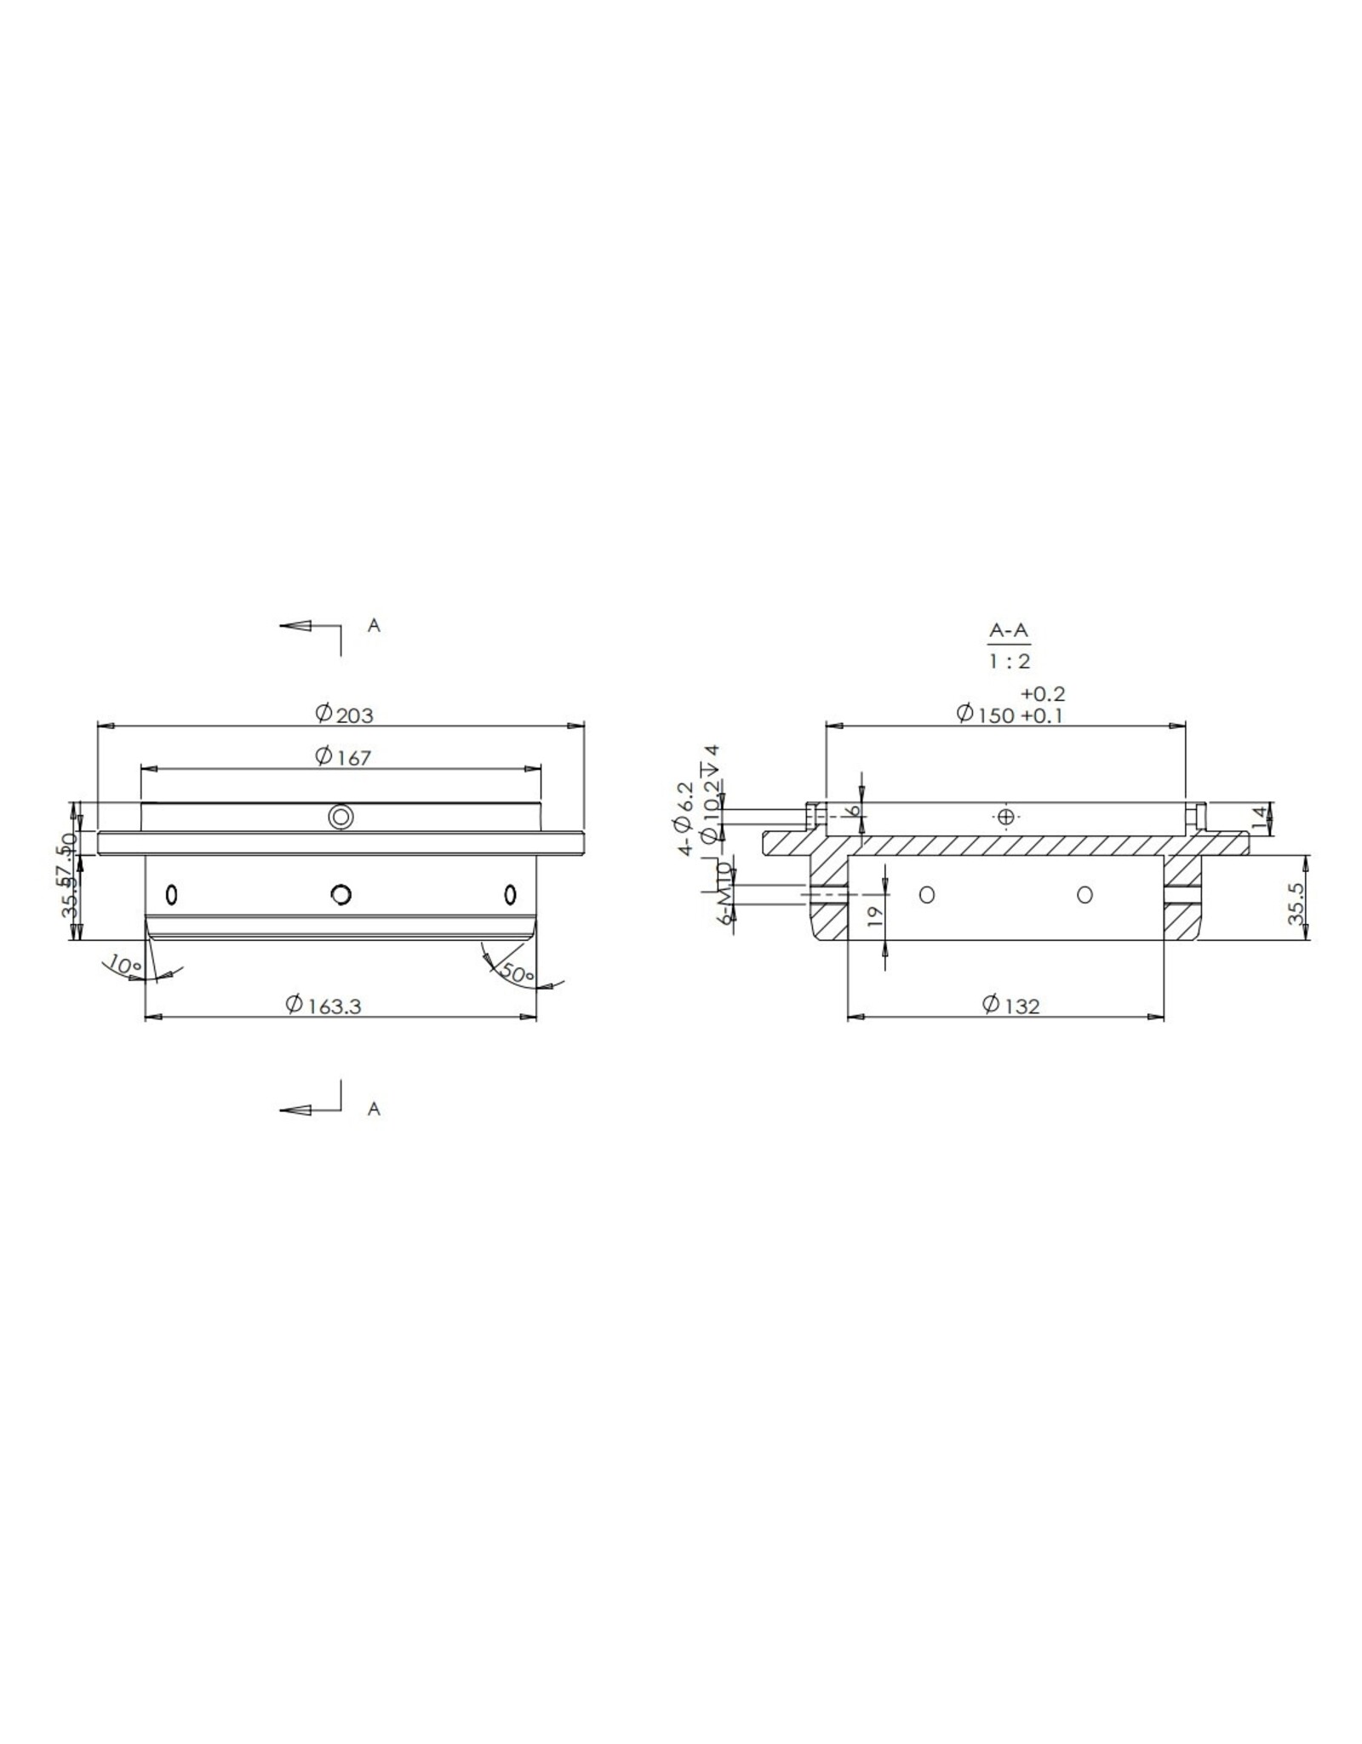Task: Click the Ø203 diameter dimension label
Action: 344,714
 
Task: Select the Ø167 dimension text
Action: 343,756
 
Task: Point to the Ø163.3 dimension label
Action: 323,1005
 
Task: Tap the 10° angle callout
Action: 124,967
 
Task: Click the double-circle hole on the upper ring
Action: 340,817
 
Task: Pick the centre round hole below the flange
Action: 341,894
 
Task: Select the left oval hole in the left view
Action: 172,895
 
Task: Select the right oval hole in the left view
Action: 510,894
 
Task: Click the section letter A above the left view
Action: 373,626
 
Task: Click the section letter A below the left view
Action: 373,1110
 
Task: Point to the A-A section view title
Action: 1009,631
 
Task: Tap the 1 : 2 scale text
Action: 1009,661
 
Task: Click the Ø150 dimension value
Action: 986,714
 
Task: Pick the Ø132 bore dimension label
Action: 1010,1005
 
